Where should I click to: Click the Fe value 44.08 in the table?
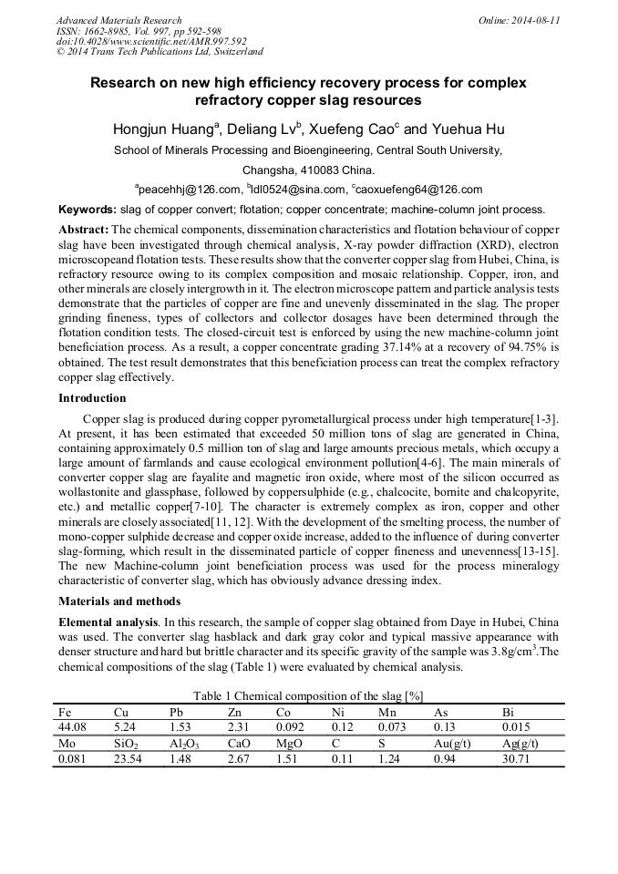pos(70,726)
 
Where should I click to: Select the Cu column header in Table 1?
pos(121,711)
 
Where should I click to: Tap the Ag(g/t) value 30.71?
pos(516,758)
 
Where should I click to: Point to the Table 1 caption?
pos(308,695)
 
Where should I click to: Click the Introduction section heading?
pos(92,398)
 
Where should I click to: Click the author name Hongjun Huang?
pos(161,129)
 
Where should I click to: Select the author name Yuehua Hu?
pos(467,129)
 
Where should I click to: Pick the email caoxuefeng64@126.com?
pos(421,190)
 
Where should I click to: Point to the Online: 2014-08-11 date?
pos(519,20)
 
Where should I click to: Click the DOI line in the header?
pos(151,41)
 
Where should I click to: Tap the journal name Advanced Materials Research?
pos(118,20)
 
